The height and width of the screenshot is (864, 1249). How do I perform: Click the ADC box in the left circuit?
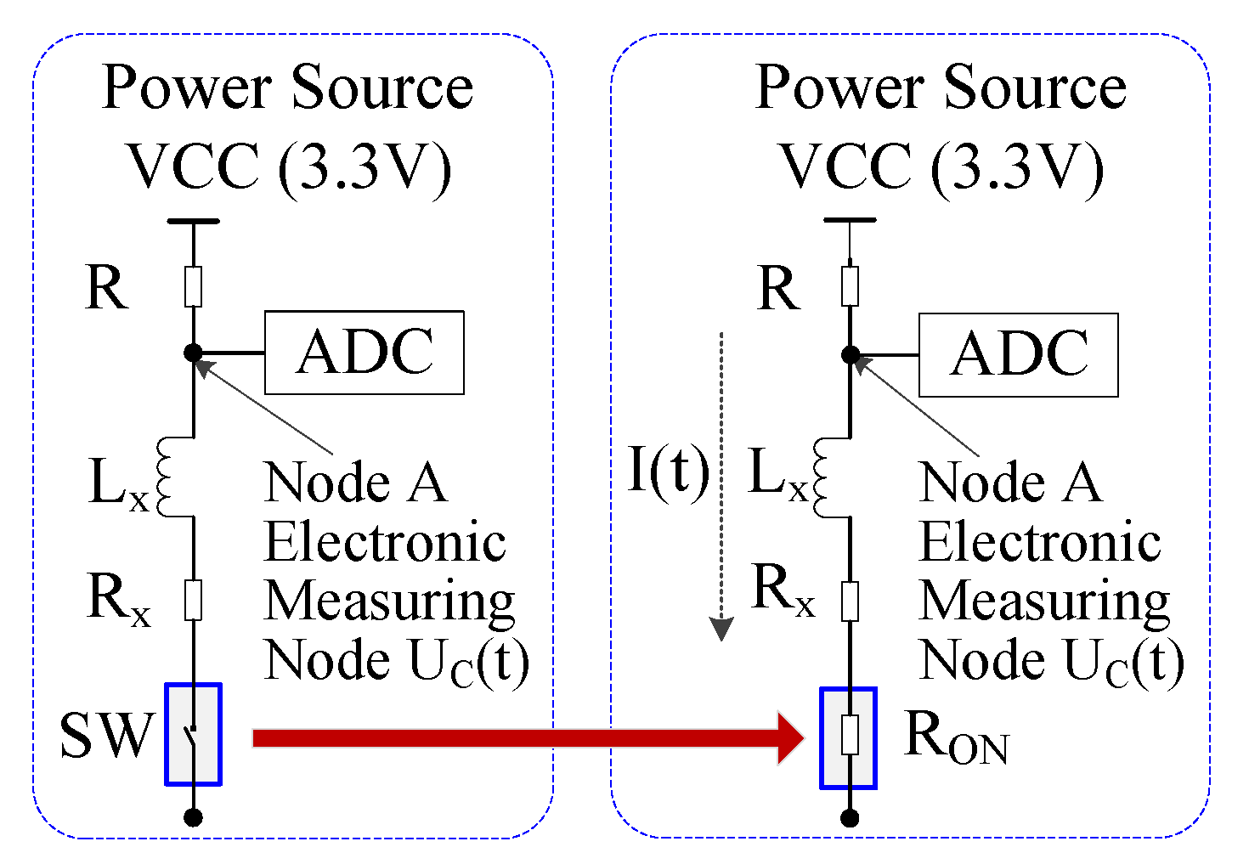coord(364,353)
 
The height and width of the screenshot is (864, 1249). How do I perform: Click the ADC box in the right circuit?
coord(1018,355)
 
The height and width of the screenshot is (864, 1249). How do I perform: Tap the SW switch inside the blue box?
coord(193,734)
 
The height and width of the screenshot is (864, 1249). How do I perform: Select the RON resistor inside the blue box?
coord(849,737)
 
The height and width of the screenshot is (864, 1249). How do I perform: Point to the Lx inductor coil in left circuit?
coord(166,477)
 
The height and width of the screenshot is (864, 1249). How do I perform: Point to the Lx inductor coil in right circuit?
coord(822,477)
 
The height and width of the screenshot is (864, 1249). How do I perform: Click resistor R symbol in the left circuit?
coord(193,286)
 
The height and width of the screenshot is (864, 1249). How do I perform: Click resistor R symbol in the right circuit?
coord(850,286)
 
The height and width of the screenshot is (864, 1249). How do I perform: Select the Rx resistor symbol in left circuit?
coord(193,600)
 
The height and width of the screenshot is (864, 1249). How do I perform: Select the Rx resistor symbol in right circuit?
coord(850,601)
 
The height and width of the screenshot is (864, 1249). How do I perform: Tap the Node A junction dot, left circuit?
coord(193,353)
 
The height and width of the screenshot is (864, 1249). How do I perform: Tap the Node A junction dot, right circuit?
coord(850,355)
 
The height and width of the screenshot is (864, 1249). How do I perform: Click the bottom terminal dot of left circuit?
coord(193,817)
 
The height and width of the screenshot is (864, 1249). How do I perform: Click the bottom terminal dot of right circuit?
coord(850,818)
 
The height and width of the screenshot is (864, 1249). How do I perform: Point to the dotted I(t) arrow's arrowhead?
coord(721,630)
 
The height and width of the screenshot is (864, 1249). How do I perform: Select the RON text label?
coord(956,737)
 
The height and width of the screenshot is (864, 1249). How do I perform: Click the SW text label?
coord(106,736)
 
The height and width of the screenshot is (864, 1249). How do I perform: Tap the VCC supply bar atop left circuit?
coord(193,221)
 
